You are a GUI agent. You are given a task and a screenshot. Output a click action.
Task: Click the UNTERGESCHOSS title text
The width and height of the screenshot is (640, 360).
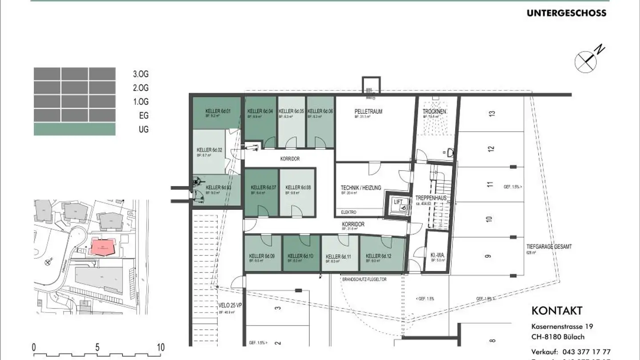tap(566, 13)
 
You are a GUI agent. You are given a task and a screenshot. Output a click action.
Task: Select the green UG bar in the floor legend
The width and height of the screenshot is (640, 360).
tap(75, 129)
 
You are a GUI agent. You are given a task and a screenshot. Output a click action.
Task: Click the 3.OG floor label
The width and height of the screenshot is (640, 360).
tap(140, 74)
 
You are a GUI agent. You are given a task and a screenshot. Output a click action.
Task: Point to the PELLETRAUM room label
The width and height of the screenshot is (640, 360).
tap(368, 112)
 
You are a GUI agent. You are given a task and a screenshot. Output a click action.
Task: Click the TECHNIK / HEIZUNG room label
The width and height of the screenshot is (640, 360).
tap(361, 188)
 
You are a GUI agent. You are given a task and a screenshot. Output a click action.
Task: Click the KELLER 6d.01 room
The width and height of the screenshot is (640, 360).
tap(217, 113)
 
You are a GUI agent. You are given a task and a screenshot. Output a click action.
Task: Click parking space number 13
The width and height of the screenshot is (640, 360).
tap(491, 114)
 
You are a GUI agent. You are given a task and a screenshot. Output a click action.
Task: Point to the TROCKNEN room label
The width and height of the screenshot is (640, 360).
tap(434, 112)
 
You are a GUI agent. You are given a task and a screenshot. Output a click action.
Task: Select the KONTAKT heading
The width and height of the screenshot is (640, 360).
tap(556, 311)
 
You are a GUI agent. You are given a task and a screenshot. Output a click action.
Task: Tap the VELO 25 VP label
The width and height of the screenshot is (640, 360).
tap(230, 306)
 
